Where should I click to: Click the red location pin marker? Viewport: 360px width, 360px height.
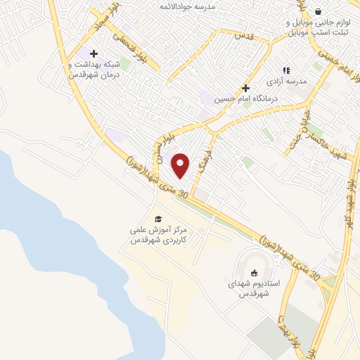coord(181,165)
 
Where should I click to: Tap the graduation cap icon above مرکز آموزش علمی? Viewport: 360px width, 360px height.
coord(157,219)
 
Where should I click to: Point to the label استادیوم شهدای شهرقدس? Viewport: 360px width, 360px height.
coord(254,288)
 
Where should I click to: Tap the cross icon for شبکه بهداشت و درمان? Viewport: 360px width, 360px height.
coord(94,53)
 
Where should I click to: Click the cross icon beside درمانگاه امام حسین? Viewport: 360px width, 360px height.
coord(245,88)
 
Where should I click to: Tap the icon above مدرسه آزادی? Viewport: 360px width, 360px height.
coord(286,70)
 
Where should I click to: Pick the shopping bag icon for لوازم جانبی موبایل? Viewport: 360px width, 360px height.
coord(319,11)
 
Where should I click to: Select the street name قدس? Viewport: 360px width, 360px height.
coord(243,34)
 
